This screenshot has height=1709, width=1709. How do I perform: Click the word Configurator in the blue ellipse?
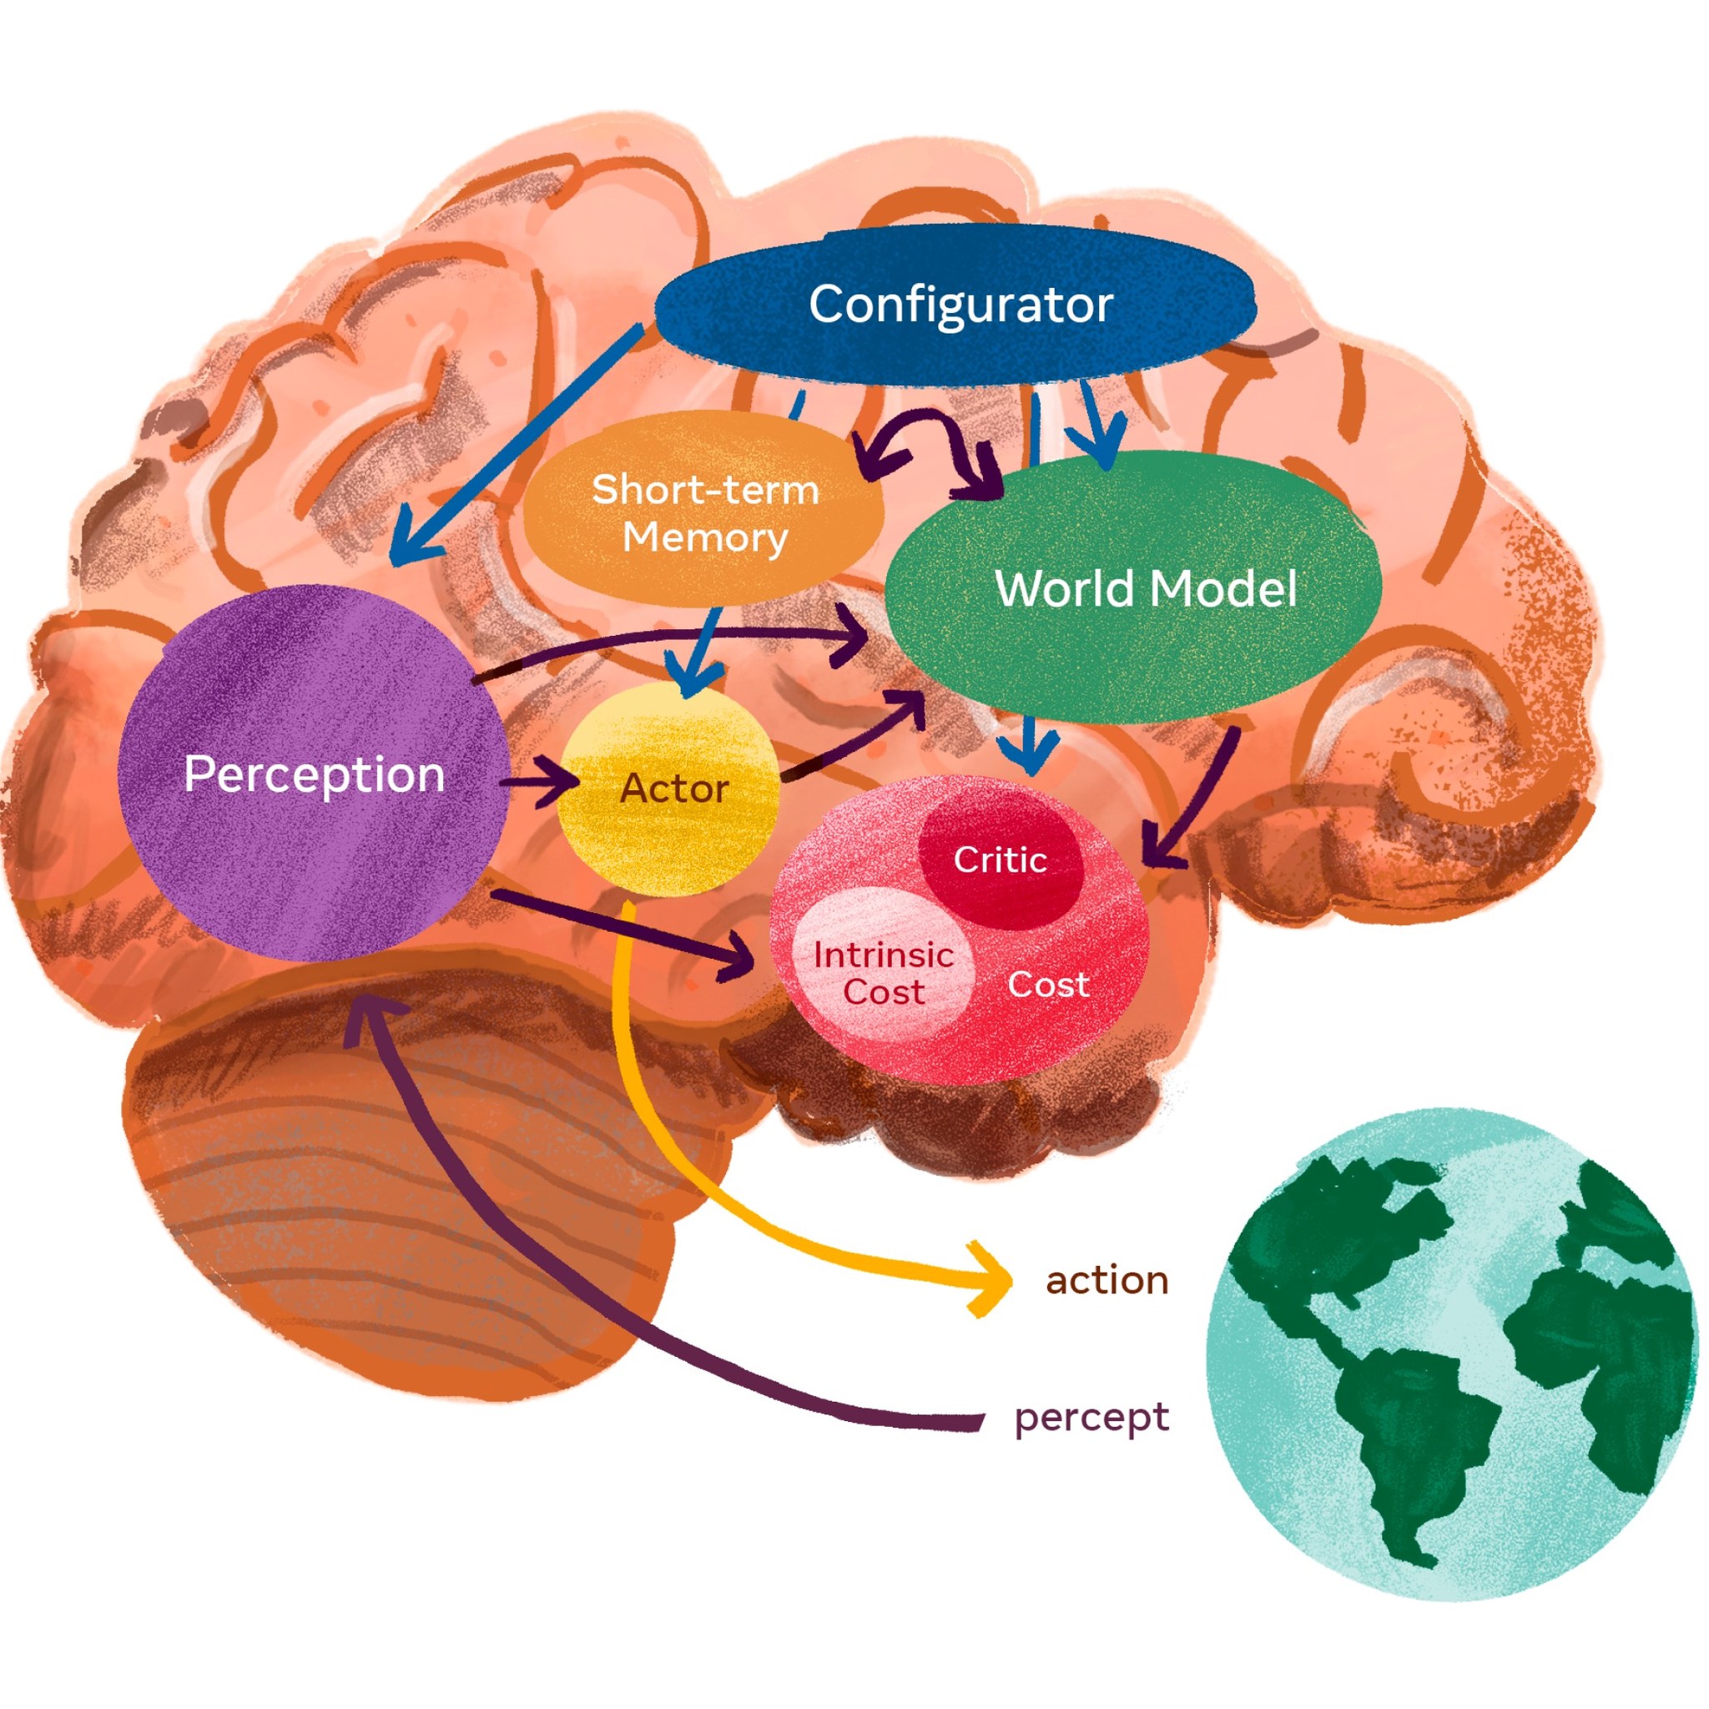[x=960, y=305]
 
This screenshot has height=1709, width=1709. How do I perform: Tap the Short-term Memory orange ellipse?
[x=704, y=513]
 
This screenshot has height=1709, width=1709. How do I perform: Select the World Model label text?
[x=1145, y=588]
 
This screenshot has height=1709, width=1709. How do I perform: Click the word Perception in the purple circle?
[x=314, y=775]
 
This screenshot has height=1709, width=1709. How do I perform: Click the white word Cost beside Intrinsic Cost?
[x=1047, y=985]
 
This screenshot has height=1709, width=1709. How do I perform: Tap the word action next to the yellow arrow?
[x=1107, y=1281]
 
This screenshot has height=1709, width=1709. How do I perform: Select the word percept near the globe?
[x=1091, y=1417]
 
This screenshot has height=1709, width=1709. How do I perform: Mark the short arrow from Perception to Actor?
[x=540, y=782]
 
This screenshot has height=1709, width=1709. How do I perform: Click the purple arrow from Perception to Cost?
[x=619, y=929]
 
